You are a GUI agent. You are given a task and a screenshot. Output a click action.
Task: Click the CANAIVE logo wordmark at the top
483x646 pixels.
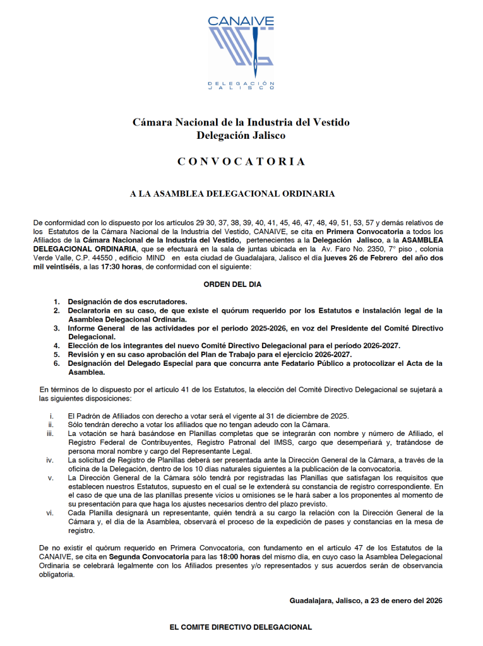[x=241, y=22]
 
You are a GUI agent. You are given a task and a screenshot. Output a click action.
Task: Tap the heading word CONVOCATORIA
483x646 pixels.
[x=241, y=161]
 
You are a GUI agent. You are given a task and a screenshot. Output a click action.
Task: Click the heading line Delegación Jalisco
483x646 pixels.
[x=241, y=135]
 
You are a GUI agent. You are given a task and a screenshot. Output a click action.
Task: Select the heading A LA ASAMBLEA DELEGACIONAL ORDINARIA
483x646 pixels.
[x=232, y=194]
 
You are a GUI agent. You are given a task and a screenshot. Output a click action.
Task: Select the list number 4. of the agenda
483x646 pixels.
[x=57, y=346]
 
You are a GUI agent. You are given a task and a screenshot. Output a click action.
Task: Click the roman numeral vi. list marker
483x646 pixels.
[x=50, y=513]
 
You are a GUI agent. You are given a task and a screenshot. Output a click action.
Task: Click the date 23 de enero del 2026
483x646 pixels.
[x=404, y=601]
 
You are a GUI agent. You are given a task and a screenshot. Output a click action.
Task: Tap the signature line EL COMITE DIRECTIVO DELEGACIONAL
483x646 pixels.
[x=241, y=628]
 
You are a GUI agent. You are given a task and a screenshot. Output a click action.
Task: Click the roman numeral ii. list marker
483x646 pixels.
[x=51, y=425]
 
